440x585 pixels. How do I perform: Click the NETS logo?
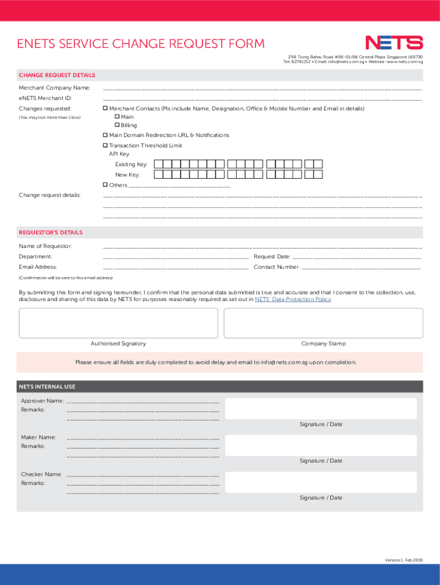click(394, 43)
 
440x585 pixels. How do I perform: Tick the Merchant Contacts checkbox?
click(105, 108)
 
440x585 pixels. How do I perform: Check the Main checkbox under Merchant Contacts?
click(117, 117)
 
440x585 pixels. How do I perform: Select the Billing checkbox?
click(117, 125)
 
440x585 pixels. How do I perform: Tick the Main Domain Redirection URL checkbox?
click(105, 135)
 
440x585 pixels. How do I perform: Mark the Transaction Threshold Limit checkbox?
click(105, 146)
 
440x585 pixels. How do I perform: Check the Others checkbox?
click(105, 185)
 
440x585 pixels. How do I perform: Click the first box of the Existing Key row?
click(159, 164)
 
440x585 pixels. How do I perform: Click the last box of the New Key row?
click(318, 175)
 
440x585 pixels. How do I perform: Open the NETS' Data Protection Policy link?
click(293, 299)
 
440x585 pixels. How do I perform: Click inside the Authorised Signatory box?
click(118, 323)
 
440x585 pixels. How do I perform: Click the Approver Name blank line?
click(143, 402)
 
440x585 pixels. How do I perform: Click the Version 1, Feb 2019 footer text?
click(403, 559)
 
